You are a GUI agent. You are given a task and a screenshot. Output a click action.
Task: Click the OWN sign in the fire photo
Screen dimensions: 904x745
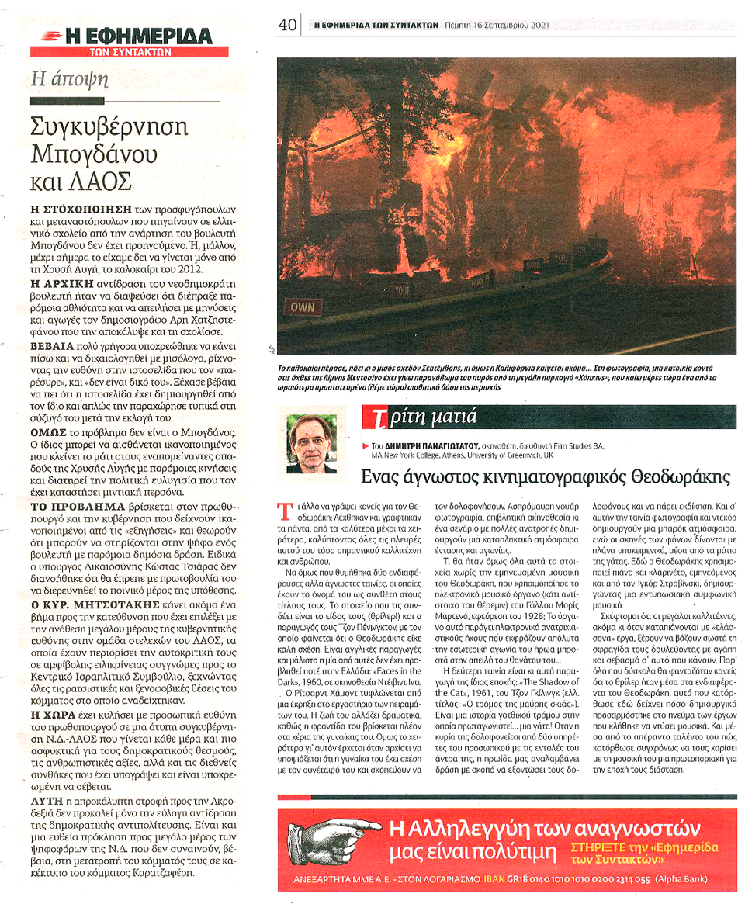point(303,307)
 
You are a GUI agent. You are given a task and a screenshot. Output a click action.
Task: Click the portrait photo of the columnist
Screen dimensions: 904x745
point(312,444)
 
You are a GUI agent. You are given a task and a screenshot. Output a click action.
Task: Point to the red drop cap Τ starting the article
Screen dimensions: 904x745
point(282,510)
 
